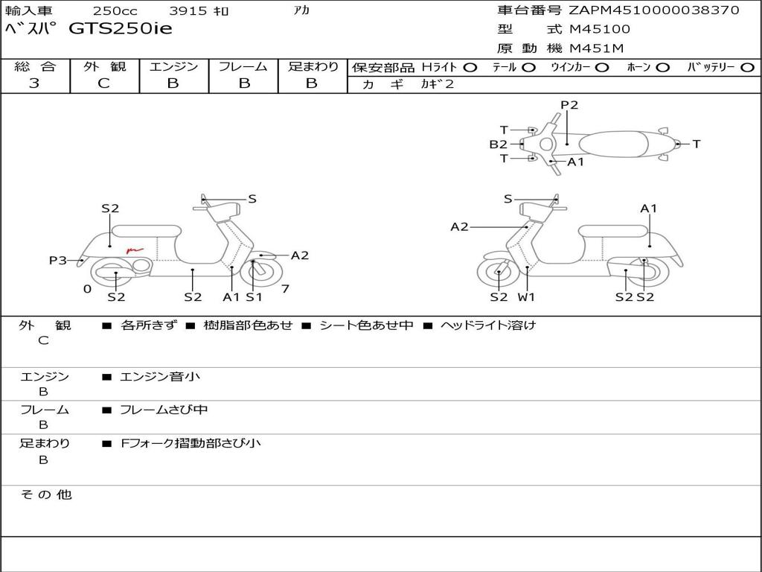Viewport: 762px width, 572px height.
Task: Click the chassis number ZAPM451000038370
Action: click(x=654, y=10)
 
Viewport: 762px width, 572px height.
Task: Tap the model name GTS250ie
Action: click(x=121, y=29)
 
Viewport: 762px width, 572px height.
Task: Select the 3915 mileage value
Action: click(x=190, y=11)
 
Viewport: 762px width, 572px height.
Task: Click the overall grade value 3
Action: click(x=34, y=83)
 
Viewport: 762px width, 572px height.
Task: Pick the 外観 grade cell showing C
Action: click(x=103, y=83)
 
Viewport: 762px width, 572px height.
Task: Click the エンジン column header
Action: click(x=173, y=66)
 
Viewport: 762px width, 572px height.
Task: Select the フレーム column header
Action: click(x=243, y=66)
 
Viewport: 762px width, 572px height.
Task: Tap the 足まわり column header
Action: click(x=313, y=66)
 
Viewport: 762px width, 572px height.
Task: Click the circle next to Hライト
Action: click(x=470, y=67)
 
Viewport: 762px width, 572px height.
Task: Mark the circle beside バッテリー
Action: click(x=748, y=67)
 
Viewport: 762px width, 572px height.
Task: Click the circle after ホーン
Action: click(x=662, y=67)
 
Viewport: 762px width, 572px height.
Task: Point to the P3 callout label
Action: click(x=57, y=260)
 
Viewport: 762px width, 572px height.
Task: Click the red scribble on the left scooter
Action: click(x=134, y=250)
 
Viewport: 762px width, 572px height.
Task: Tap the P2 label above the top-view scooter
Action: click(x=569, y=105)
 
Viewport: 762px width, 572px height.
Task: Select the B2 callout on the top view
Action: click(x=498, y=144)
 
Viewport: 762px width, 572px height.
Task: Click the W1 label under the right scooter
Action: click(x=527, y=296)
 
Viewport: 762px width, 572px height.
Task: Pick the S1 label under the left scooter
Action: click(x=254, y=296)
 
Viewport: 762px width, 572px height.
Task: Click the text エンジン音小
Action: click(x=160, y=377)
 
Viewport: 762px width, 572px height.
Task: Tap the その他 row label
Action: click(x=45, y=495)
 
